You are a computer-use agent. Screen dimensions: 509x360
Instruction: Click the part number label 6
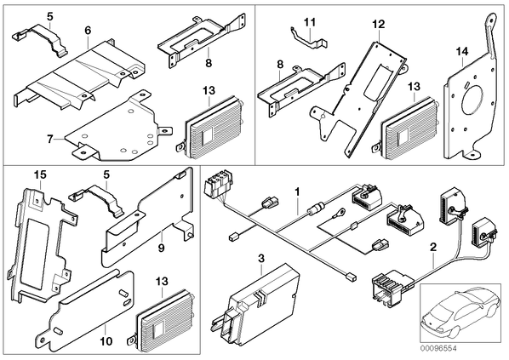(88, 31)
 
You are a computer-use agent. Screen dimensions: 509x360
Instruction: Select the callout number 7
(49, 140)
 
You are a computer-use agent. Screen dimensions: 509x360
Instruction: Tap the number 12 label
(379, 25)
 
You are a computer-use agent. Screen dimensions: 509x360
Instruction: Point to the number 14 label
(462, 51)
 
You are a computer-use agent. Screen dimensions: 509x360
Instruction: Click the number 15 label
(41, 174)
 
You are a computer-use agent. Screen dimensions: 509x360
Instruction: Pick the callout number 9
(162, 248)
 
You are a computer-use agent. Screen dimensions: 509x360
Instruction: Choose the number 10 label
(106, 340)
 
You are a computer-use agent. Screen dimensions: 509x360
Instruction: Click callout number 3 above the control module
(261, 259)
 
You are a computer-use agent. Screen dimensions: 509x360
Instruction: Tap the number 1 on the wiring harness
(297, 191)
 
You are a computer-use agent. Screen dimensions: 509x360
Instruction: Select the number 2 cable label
(433, 248)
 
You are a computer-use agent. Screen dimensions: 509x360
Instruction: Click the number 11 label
(310, 22)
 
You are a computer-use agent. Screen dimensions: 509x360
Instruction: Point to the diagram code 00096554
(438, 348)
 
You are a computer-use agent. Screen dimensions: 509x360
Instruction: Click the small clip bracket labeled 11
(308, 38)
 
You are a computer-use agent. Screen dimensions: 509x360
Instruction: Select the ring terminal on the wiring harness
(341, 213)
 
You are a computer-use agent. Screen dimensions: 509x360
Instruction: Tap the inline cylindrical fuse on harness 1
(316, 209)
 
